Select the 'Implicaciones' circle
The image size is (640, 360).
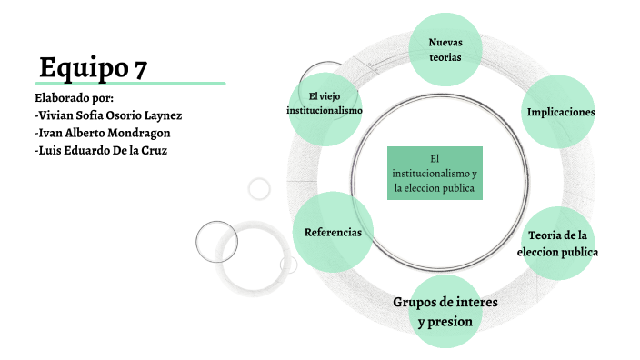coord(561,112)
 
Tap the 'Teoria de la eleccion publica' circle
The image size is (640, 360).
coord(558,243)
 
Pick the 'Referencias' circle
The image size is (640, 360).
coord(333,232)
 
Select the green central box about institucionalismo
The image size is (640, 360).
coord(435,173)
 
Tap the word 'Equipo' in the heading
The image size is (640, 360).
coord(81,66)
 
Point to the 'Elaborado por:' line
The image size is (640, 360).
coord(74,97)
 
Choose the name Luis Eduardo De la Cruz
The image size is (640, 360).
coord(100,150)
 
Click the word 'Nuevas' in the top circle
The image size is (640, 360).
coord(445,42)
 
